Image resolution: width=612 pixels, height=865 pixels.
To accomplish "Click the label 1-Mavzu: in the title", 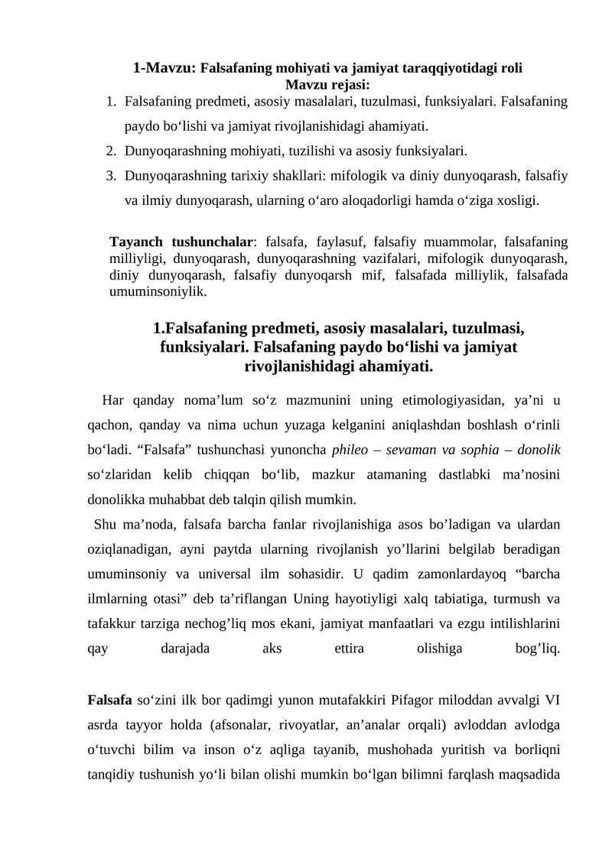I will point(164,67).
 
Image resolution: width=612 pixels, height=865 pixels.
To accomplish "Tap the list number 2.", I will point(111,151).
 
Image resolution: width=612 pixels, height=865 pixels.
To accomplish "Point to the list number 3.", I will point(111,176).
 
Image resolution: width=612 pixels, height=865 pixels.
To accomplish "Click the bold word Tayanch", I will point(138,242).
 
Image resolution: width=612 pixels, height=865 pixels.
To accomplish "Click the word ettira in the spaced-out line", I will point(349,649).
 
